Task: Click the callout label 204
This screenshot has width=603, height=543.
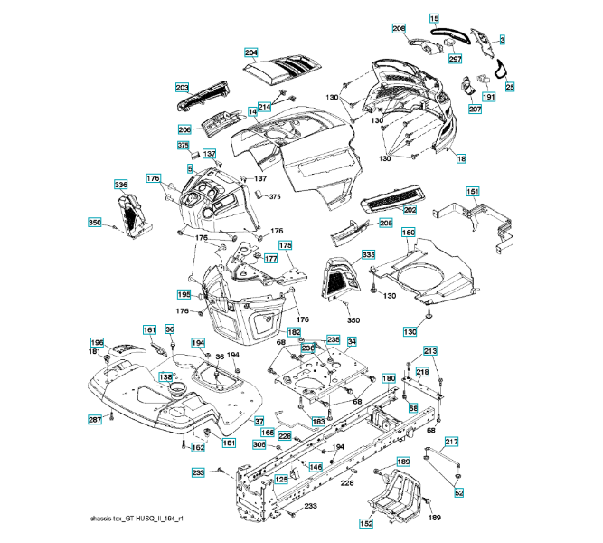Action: pyautogui.click(x=250, y=52)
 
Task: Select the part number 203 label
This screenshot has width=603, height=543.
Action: pyautogui.click(x=182, y=88)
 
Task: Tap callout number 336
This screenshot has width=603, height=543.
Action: pyautogui.click(x=120, y=185)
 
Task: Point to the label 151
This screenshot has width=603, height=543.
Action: pyautogui.click(x=472, y=192)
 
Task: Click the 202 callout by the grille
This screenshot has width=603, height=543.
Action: pyautogui.click(x=410, y=210)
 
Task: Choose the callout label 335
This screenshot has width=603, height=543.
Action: pyautogui.click(x=368, y=256)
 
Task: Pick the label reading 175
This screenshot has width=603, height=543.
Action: pyautogui.click(x=285, y=245)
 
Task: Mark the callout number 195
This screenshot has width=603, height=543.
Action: pyautogui.click(x=184, y=295)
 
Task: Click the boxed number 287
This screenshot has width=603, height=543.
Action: pyautogui.click(x=94, y=420)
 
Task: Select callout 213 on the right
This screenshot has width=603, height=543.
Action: pyautogui.click(x=430, y=350)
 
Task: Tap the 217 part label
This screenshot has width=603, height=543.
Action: pyautogui.click(x=451, y=442)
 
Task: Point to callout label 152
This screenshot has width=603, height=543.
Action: pyautogui.click(x=366, y=523)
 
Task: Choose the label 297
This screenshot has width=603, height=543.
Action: pyautogui.click(x=455, y=59)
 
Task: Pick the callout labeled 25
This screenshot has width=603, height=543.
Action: pyautogui.click(x=510, y=87)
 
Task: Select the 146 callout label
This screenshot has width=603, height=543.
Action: pyautogui.click(x=316, y=467)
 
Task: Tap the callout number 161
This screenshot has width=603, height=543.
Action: pyautogui.click(x=149, y=329)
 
